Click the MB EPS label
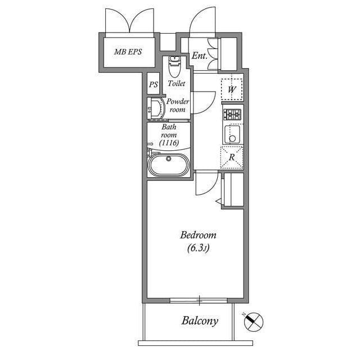point(128,52)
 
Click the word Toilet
point(176,83)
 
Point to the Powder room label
point(177,105)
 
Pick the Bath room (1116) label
point(169,136)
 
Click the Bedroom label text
point(198,235)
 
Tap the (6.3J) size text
point(198,249)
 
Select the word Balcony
point(199,321)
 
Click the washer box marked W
point(232,88)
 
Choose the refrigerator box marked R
point(232,157)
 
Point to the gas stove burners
point(232,115)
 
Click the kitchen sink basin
point(232,135)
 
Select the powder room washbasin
point(154,108)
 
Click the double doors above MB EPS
point(129,21)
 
